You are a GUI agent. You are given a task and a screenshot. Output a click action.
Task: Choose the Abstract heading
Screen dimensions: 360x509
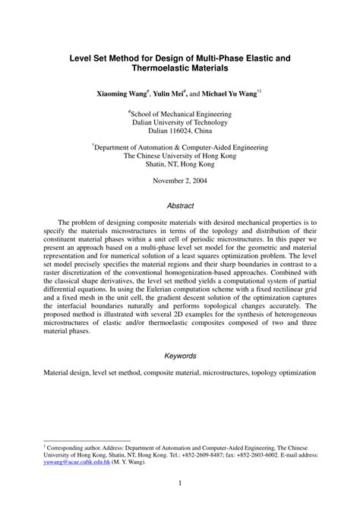pos(179,205)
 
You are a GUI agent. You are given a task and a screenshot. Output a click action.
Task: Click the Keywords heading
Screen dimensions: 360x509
pos(179,356)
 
